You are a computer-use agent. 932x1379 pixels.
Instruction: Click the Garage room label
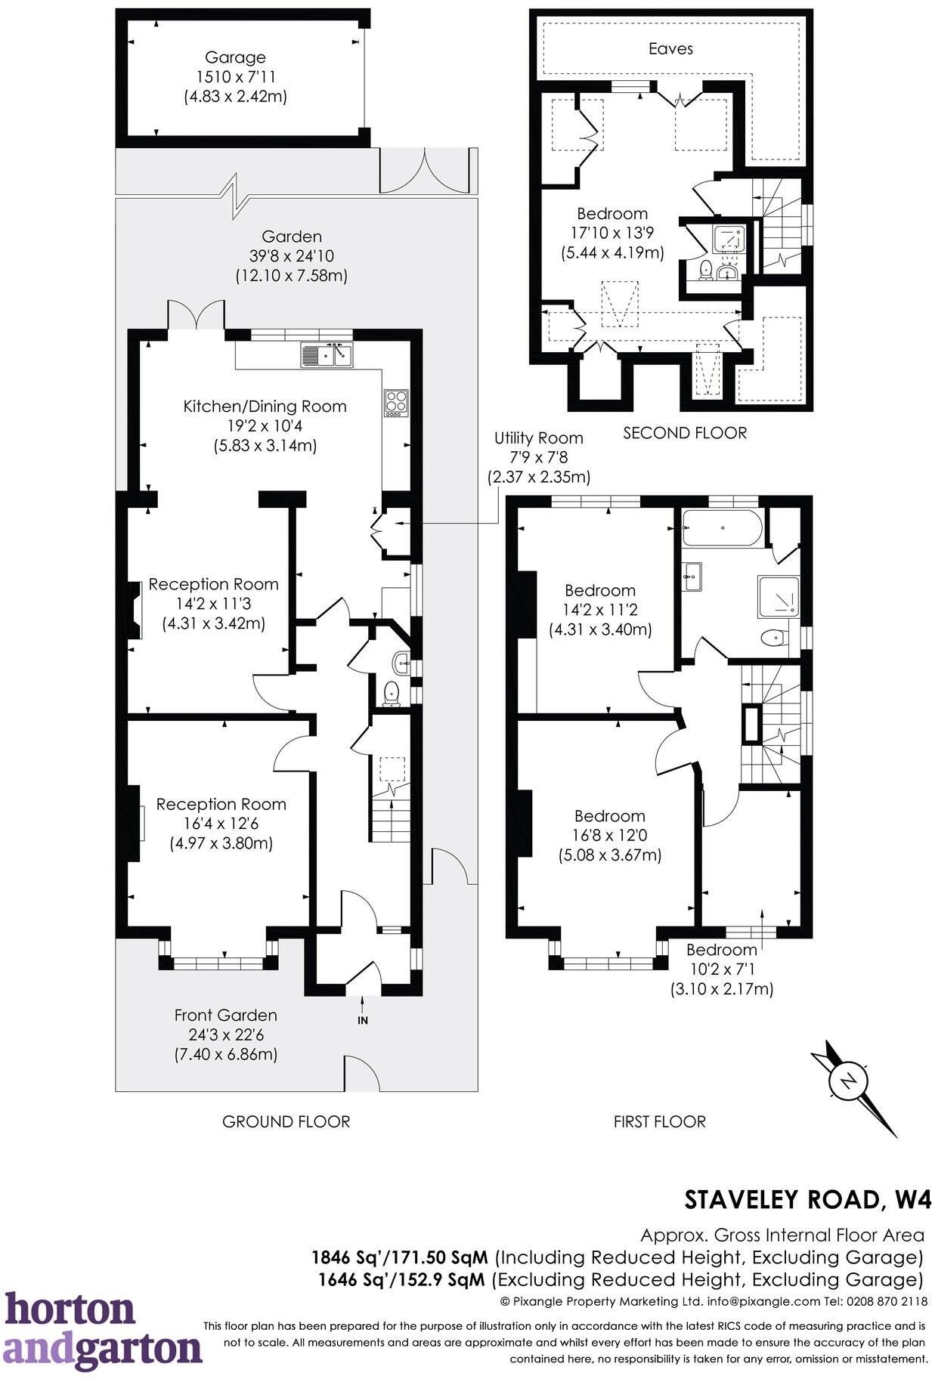click(235, 57)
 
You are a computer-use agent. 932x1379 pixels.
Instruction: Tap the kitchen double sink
click(327, 353)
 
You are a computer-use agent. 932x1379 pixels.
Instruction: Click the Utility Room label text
click(538, 438)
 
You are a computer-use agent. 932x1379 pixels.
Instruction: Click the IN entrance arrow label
click(363, 1020)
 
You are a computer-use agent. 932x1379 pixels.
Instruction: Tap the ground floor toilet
click(391, 691)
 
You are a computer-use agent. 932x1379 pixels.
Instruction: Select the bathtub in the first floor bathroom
click(722, 527)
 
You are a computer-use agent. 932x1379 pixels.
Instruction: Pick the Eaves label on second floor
click(670, 48)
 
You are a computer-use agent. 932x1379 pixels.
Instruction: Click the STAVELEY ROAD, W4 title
click(807, 1199)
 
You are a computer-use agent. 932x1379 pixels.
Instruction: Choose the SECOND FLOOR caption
click(684, 433)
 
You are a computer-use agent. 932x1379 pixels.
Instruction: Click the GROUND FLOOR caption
click(286, 1121)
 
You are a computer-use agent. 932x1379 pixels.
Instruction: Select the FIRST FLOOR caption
click(659, 1121)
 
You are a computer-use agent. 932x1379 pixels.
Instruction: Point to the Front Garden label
click(225, 1015)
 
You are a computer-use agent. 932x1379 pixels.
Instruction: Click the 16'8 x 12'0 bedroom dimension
click(609, 836)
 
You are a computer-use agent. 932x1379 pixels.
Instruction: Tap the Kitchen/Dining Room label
click(265, 406)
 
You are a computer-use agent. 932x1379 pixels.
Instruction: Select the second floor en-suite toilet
click(706, 268)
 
